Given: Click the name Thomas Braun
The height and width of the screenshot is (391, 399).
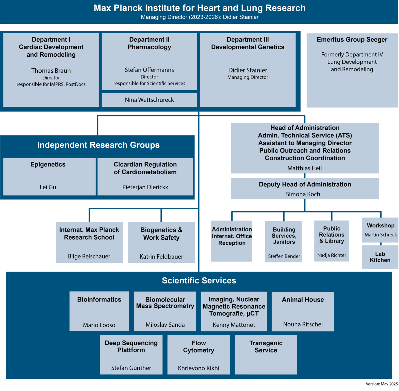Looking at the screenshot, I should (51, 71).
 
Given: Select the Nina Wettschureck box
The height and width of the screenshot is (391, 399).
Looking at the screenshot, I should (149, 100).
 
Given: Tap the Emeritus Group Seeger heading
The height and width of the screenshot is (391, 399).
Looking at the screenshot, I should (352, 40).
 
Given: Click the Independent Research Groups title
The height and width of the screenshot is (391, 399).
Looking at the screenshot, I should (98, 145).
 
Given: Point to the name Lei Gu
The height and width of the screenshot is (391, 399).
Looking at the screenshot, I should (48, 187).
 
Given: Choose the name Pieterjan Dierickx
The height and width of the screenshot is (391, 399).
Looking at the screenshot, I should (145, 187).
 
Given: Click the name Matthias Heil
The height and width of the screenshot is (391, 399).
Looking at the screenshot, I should (305, 168).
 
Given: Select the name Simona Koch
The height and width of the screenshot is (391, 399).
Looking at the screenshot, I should (303, 194).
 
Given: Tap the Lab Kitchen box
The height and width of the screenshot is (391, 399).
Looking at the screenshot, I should (380, 257).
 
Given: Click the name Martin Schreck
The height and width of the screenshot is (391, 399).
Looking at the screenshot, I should (380, 235).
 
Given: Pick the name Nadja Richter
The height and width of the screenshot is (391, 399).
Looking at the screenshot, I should (332, 255).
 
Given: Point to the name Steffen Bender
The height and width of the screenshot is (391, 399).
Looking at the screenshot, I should (284, 256).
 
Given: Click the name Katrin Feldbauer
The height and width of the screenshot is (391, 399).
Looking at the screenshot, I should (161, 257).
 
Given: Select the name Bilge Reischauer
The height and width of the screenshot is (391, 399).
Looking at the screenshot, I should (89, 256).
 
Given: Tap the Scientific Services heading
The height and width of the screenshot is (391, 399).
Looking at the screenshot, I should (199, 280).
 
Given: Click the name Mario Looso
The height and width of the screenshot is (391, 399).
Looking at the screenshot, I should (99, 325).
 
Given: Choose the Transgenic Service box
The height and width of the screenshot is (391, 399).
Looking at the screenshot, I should (266, 354).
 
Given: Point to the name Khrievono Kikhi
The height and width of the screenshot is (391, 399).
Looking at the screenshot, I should (199, 368).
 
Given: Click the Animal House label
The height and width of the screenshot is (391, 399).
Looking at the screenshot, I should (303, 300).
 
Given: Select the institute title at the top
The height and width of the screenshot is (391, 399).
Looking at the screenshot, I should (199, 8).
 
